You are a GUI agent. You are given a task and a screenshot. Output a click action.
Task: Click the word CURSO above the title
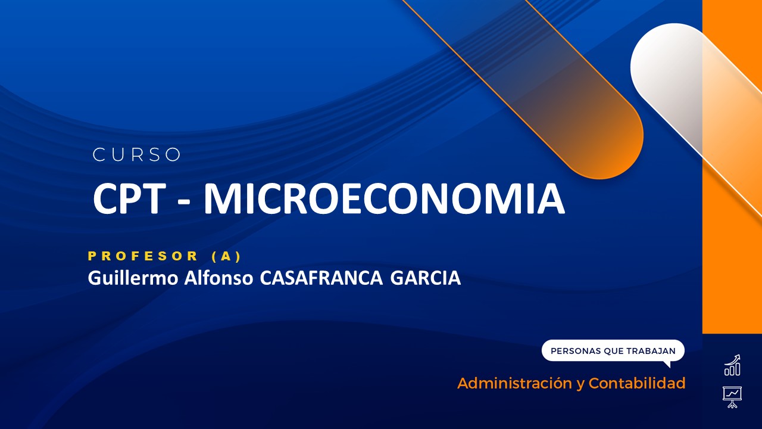tap(137, 155)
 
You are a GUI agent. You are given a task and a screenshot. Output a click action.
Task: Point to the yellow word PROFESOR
tap(143, 256)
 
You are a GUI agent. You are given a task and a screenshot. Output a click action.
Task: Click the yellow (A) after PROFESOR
tap(226, 256)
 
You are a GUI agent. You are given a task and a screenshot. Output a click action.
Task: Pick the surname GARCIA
tap(425, 278)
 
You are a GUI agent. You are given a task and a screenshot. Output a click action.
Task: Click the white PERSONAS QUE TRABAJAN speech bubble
tap(613, 351)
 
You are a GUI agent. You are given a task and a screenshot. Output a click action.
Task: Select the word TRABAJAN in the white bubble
tap(651, 351)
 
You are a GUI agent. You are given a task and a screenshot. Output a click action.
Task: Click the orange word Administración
tap(514, 383)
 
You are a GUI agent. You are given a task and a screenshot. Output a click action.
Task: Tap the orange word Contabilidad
tap(637, 383)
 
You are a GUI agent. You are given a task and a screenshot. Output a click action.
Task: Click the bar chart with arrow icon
tap(732, 365)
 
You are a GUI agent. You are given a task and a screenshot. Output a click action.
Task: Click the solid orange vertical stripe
tap(732, 238)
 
